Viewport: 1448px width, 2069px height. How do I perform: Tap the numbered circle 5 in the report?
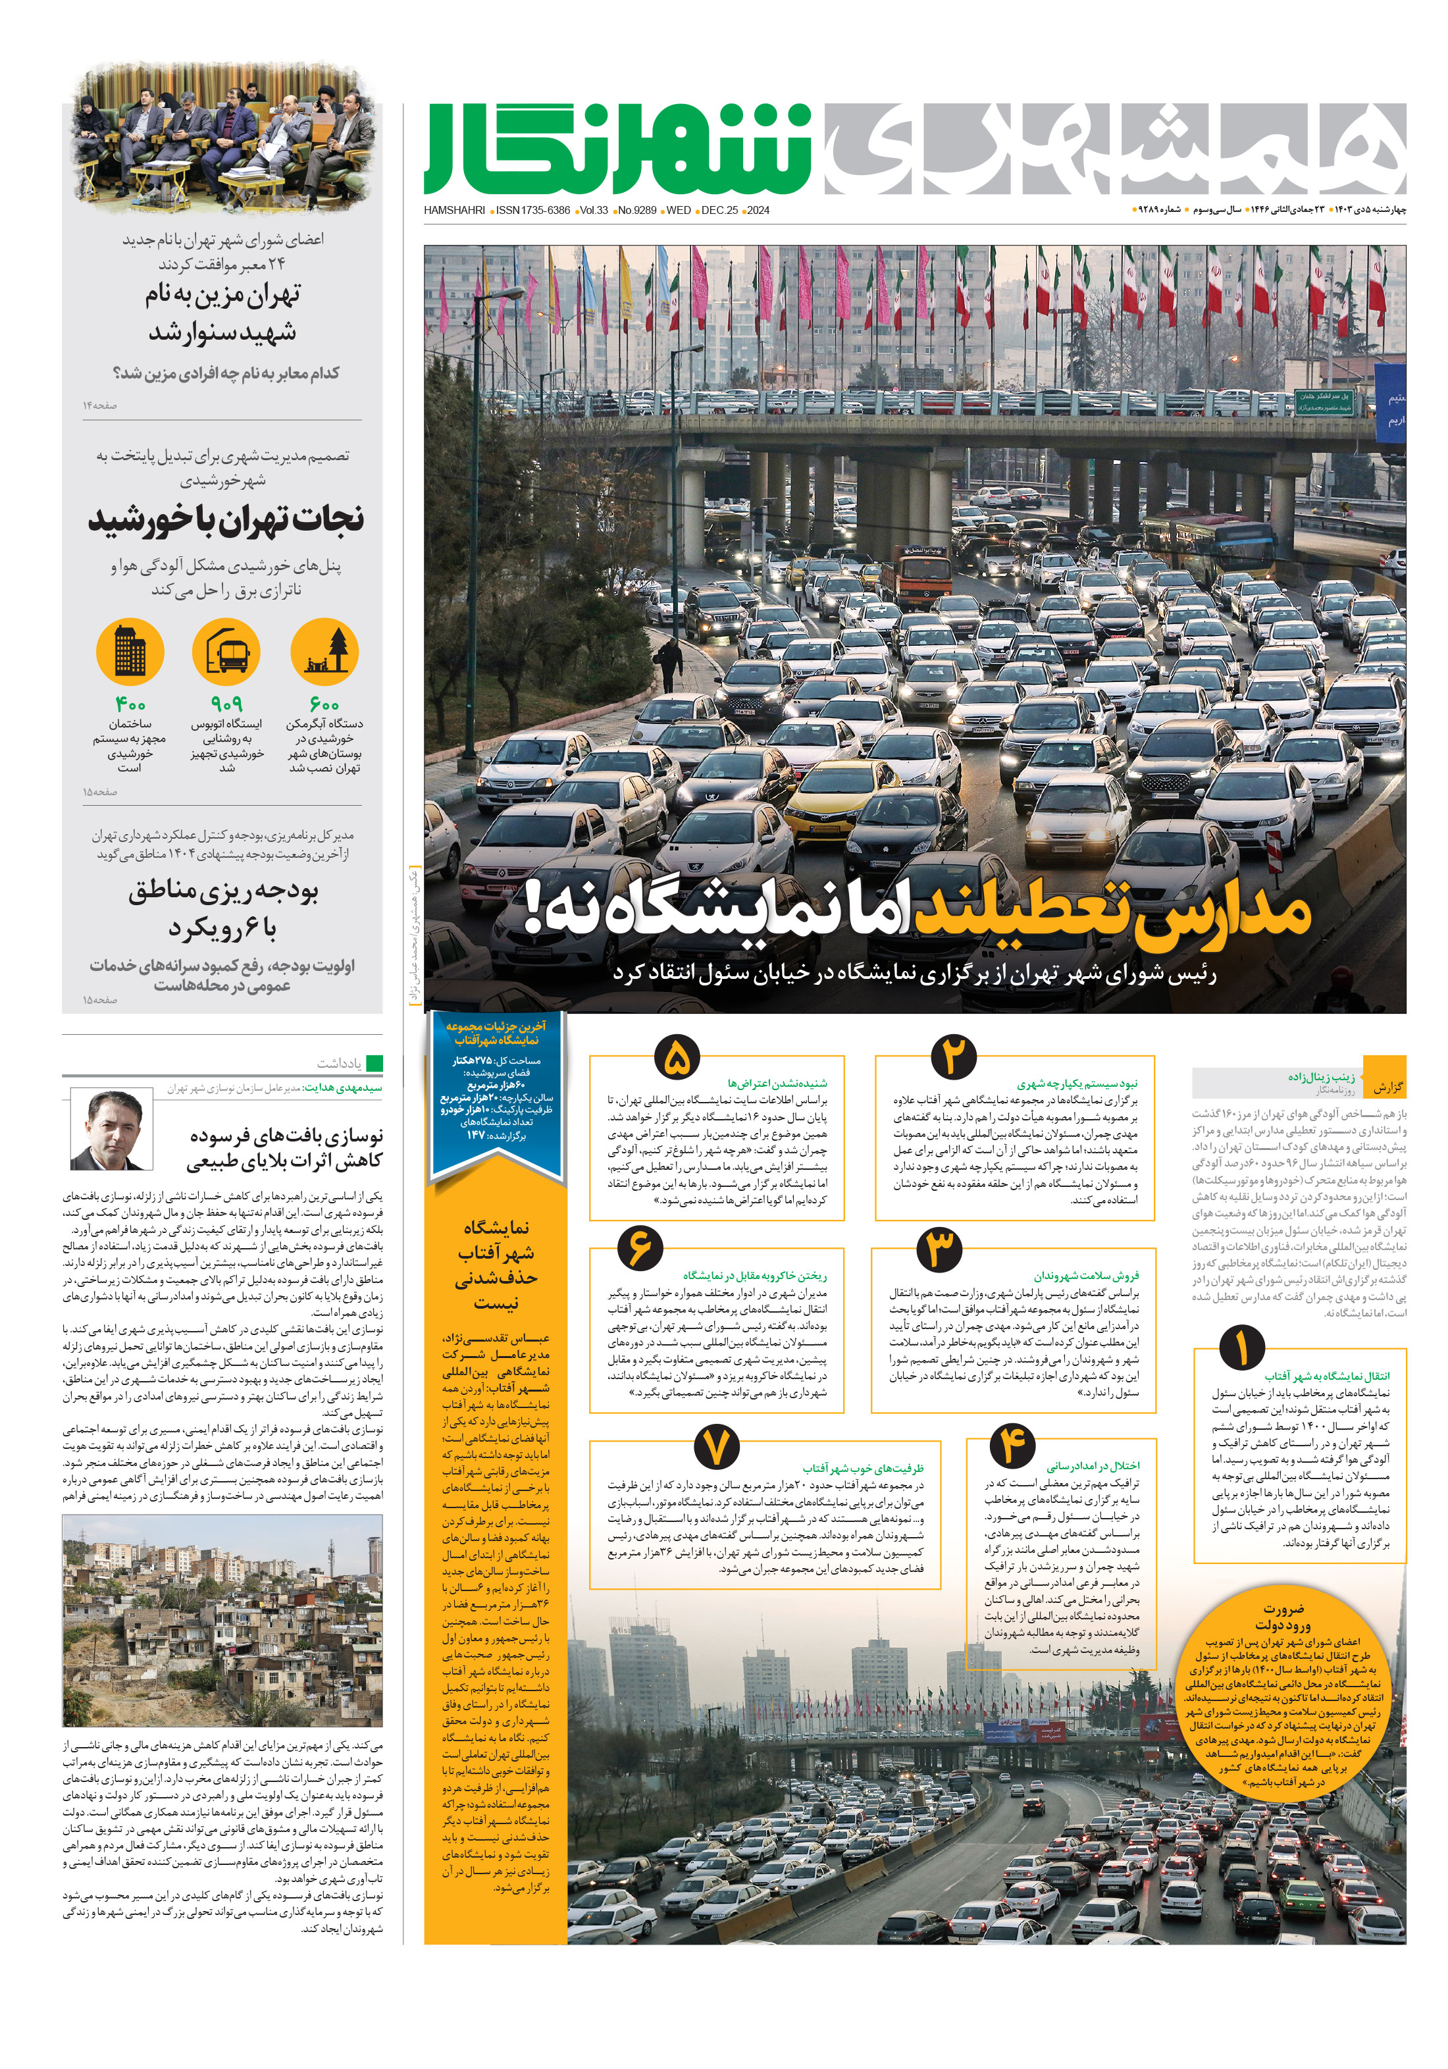679,1057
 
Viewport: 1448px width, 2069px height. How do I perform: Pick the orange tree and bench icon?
325,650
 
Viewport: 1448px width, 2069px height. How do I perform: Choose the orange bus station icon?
226,650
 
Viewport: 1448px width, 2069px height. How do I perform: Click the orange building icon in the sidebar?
130,650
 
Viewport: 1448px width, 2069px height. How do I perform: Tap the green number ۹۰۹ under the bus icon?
226,704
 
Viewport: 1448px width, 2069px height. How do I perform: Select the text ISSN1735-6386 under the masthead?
533,210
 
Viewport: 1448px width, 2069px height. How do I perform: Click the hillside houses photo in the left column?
222,1619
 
